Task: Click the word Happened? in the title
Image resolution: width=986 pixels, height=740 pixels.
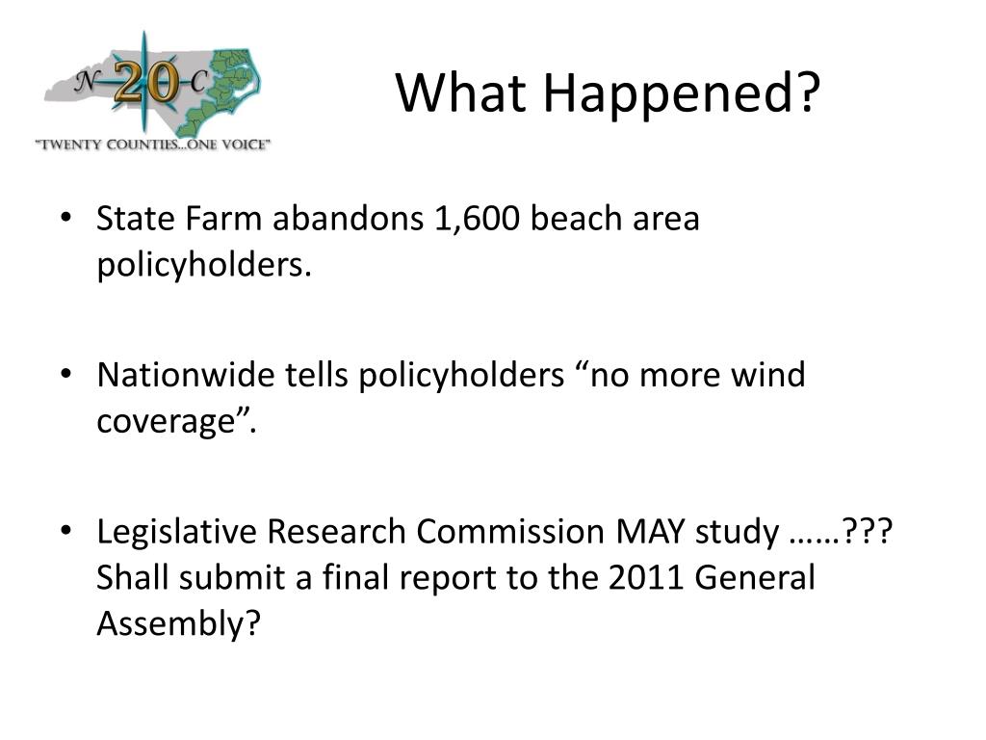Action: tap(682, 94)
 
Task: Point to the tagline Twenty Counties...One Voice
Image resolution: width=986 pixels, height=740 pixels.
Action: tap(153, 145)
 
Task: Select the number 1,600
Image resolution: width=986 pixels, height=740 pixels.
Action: tap(477, 220)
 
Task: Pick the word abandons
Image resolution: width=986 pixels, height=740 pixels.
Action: tap(348, 219)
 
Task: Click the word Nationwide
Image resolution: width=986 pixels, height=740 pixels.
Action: tap(186, 375)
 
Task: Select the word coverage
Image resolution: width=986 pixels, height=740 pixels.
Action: tap(166, 422)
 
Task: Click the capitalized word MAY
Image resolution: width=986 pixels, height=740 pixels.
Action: tap(650, 532)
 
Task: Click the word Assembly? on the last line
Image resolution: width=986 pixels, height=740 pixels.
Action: tap(178, 624)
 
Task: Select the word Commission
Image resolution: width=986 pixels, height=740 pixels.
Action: tap(510, 532)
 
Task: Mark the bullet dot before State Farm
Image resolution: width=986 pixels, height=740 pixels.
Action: tap(66, 218)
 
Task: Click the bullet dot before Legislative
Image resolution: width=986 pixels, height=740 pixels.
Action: tap(66, 531)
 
